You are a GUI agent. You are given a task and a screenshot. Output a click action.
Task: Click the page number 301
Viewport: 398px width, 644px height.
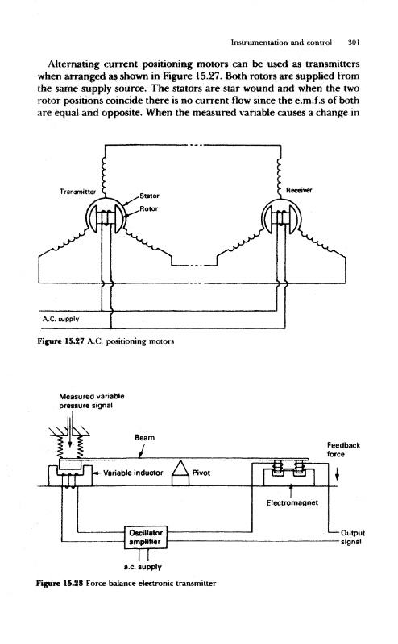(354, 42)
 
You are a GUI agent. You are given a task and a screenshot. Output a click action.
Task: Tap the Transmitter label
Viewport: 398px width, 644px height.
(77, 192)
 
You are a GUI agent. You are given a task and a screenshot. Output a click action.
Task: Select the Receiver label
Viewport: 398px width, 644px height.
(299, 190)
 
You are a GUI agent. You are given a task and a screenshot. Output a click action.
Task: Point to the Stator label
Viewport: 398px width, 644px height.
(149, 196)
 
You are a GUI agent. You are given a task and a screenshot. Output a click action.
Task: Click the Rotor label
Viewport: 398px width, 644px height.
(149, 208)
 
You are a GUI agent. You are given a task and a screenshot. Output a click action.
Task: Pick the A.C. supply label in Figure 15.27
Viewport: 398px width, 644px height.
(60, 319)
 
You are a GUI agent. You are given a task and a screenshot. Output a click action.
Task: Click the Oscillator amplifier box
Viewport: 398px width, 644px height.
(146, 537)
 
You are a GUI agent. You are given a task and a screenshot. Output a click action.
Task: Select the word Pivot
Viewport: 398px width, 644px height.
(201, 473)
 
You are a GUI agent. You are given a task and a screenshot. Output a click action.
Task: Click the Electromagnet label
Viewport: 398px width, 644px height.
(292, 502)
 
